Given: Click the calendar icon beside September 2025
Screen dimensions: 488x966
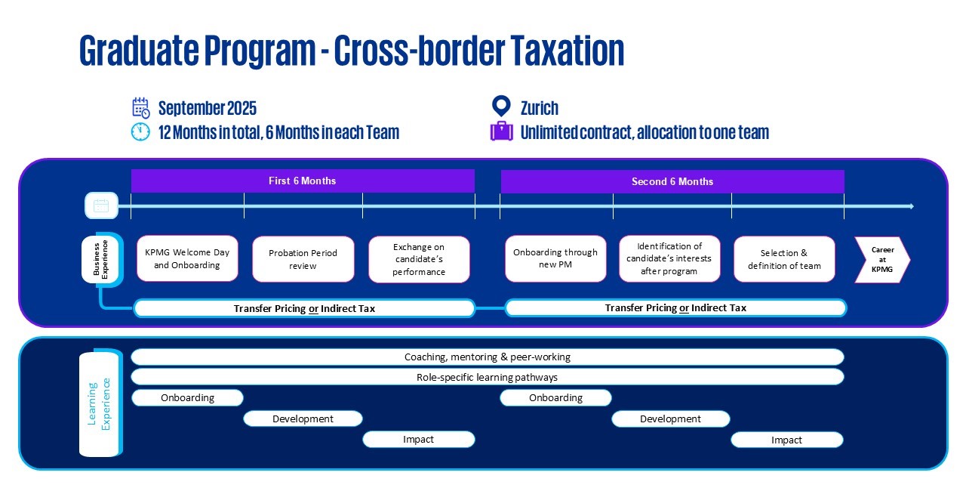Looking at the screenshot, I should coord(141,108).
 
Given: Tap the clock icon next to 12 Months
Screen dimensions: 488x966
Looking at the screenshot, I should coord(141,132).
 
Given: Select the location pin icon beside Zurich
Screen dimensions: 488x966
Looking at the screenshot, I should coord(501,107).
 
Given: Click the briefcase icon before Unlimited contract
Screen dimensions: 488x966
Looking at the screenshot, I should coord(502,132).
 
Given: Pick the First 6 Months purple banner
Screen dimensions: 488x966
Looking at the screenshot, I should coord(303,181).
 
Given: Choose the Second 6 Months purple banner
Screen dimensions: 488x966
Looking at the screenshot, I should coord(672,181).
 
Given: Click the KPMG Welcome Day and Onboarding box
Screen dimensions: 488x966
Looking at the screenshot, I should coord(187,258).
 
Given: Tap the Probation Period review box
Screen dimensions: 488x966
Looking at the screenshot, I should coord(303,259).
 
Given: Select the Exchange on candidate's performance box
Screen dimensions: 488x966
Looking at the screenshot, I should coord(419,259).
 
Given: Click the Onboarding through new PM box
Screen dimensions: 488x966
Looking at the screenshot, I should coord(555,258).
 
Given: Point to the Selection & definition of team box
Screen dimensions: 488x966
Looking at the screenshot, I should coord(784,259).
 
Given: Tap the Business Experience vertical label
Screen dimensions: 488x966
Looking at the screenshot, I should coord(100,260).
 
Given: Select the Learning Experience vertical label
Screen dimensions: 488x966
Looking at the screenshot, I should coord(99,403).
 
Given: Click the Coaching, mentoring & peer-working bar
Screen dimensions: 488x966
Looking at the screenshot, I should coord(488,357).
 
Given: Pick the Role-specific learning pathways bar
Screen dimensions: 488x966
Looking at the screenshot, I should coord(488,377).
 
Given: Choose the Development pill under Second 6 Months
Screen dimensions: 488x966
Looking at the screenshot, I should coord(670,419).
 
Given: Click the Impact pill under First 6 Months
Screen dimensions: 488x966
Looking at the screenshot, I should coord(419,439).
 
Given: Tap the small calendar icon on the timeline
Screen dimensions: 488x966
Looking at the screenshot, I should coord(101,205).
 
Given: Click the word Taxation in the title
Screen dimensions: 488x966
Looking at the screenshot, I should coord(568,51).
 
